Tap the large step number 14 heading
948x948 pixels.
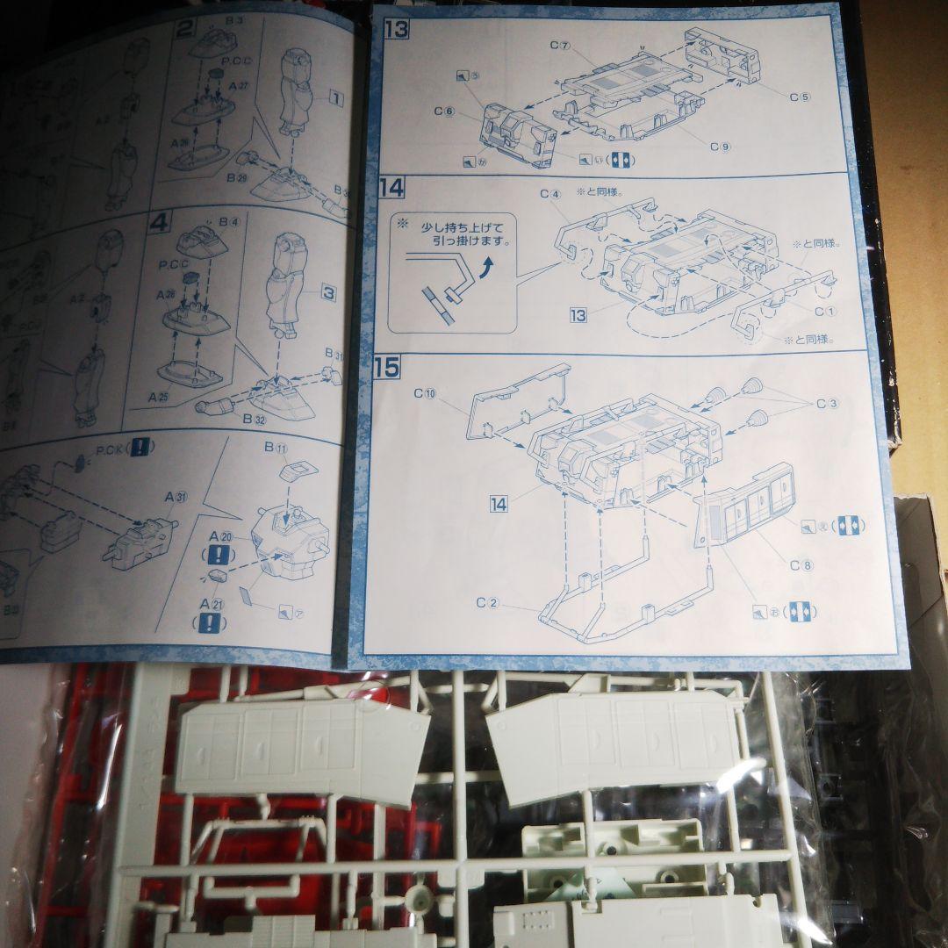pos(392,188)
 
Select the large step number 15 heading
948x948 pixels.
pos(386,367)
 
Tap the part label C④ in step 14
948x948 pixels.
pos(550,193)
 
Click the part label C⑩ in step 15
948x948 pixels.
pos(425,394)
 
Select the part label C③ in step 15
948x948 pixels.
pos(828,404)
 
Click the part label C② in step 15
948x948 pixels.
pos(487,603)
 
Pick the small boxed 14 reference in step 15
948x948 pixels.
pos(499,504)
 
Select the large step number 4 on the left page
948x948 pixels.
pos(159,224)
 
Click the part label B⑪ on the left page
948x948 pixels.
pos(276,447)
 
